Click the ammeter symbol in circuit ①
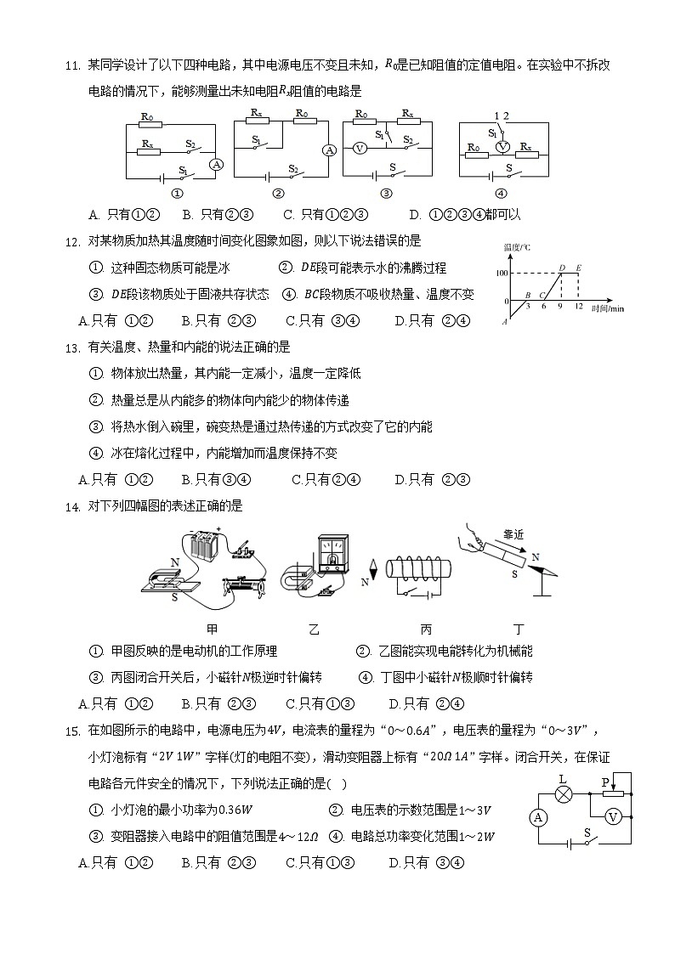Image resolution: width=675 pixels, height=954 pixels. coord(216,164)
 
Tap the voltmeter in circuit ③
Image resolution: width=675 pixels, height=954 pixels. coord(359,148)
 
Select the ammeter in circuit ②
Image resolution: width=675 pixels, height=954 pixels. coord(329,150)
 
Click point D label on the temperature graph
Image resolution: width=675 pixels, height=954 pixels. coord(562,268)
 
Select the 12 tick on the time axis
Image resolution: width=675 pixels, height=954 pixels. coord(579,306)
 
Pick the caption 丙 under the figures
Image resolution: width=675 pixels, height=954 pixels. coord(426,629)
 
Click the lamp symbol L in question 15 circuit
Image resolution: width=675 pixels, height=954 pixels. coord(563,793)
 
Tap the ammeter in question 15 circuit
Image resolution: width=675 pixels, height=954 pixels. coord(537,817)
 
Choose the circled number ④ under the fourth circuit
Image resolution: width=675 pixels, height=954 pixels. coord(501,193)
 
